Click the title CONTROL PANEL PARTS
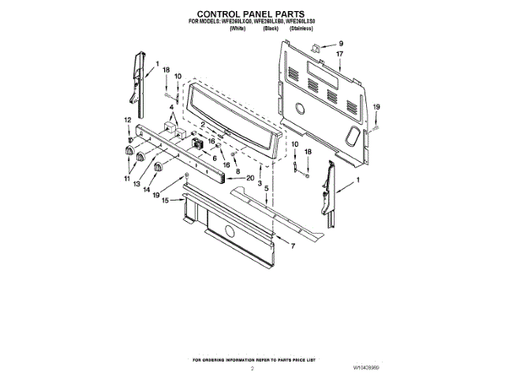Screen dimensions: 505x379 click(x=252, y=14)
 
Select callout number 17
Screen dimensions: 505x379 click(x=341, y=54)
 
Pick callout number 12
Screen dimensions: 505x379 click(x=128, y=120)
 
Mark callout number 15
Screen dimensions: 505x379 click(x=166, y=201)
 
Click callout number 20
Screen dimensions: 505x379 click(x=250, y=178)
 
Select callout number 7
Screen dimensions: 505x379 click(x=293, y=246)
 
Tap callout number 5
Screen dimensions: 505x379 click(x=266, y=189)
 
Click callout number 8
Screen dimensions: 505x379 click(x=238, y=171)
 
